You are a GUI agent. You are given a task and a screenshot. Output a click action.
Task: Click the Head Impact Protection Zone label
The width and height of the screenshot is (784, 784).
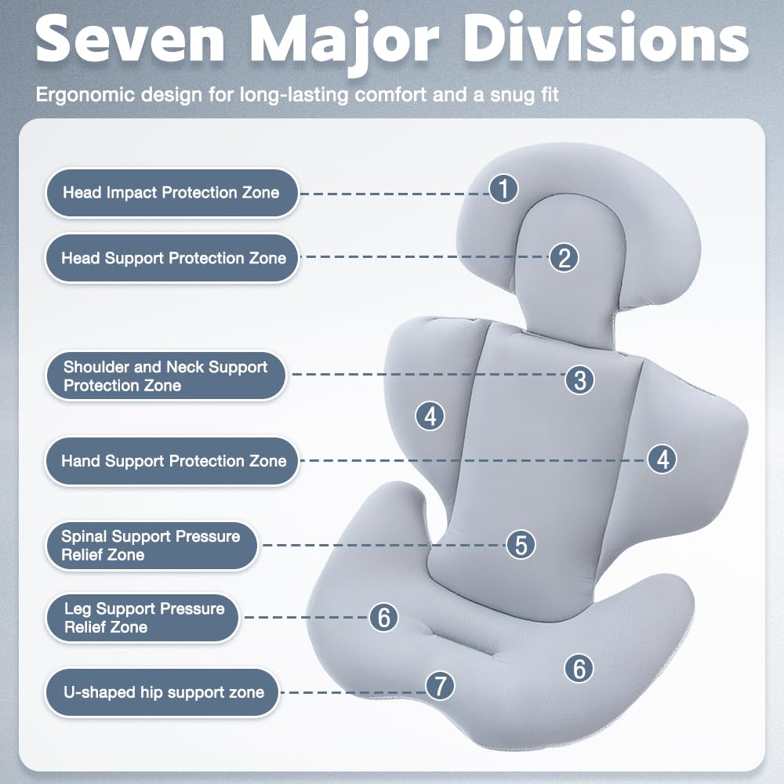point(172,193)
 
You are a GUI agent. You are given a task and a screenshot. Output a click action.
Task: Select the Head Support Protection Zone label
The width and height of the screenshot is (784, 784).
point(172,259)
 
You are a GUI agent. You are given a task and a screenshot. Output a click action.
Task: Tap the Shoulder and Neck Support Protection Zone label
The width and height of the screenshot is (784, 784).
point(166,376)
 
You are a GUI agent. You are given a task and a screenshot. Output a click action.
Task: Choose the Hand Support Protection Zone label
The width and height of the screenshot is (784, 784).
point(172,461)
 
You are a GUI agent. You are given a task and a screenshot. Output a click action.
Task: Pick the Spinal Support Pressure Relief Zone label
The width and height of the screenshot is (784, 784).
point(152,546)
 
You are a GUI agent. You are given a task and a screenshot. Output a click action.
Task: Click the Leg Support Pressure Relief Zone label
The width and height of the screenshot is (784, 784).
point(143,618)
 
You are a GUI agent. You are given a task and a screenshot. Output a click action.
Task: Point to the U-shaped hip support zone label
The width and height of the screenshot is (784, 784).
point(162,692)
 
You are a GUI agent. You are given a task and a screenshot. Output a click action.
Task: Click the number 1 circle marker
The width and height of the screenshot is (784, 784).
point(503,188)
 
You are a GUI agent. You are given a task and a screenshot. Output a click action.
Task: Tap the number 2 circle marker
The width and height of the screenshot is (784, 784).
point(564,257)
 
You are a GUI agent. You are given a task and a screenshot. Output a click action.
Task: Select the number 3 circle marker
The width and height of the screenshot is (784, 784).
point(579,379)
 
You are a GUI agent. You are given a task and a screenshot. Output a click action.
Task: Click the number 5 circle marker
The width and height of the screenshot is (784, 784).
point(521,545)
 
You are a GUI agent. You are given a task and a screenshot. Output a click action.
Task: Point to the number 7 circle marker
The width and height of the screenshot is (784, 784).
point(440,685)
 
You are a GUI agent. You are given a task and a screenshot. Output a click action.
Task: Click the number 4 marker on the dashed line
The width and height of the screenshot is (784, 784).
point(662,459)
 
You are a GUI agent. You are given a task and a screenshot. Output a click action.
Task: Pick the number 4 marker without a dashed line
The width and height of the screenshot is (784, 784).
point(430,416)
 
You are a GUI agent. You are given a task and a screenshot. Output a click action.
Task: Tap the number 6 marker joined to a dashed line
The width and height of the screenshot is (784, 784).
point(383,617)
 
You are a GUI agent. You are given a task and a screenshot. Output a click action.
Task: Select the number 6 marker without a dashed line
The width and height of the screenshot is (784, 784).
point(579,668)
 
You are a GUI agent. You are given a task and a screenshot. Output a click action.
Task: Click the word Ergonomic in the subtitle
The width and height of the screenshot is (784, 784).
point(85,95)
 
